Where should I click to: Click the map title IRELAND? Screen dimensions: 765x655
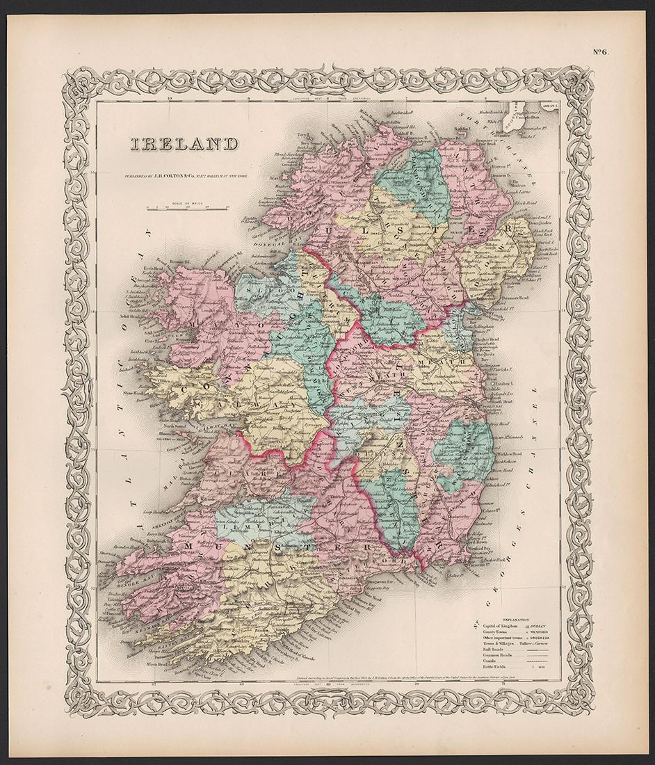click(x=182, y=145)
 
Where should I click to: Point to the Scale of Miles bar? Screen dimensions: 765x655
click(x=188, y=208)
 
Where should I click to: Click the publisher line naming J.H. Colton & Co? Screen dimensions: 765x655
click(x=187, y=177)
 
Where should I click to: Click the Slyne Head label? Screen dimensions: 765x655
click(x=152, y=401)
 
